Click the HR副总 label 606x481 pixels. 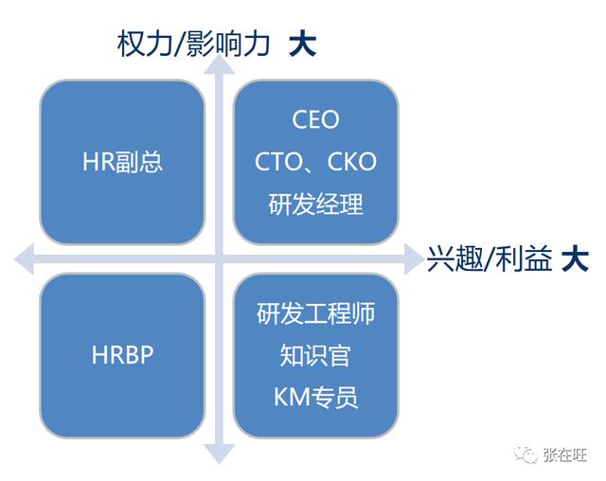pyautogui.click(x=123, y=161)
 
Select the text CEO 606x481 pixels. pyautogui.click(x=315, y=121)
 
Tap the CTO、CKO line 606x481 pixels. pyautogui.click(x=315, y=162)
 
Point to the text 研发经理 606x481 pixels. pyautogui.click(x=315, y=204)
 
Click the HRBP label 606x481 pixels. pyautogui.click(x=123, y=355)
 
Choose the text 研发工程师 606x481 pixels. pyautogui.click(x=315, y=314)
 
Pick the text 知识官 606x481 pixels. pyautogui.click(x=315, y=355)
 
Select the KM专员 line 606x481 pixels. pyautogui.click(x=315, y=397)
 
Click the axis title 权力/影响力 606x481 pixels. pyautogui.click(x=194, y=42)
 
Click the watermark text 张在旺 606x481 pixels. pyautogui.click(x=566, y=455)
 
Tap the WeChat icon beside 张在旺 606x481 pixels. pyautogui.click(x=526, y=455)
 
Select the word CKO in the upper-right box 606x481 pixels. pyautogui.click(x=350, y=162)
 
